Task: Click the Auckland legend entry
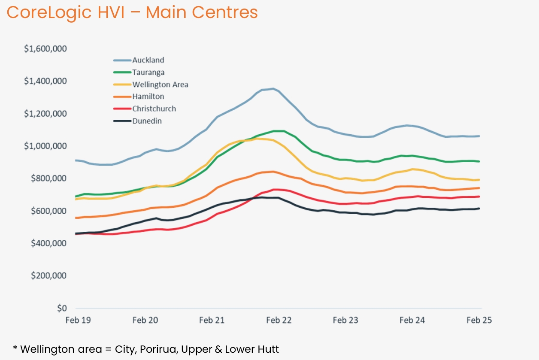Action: pyautogui.click(x=148, y=60)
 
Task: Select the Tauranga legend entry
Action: pyautogui.click(x=148, y=73)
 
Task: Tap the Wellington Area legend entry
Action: pyautogui.click(x=160, y=85)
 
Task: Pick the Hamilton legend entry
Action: pyautogui.click(x=148, y=97)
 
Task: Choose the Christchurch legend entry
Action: pyautogui.click(x=154, y=109)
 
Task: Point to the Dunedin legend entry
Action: pyautogui.click(x=147, y=121)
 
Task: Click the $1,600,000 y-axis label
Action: pyautogui.click(x=45, y=49)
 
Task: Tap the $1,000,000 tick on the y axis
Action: pyautogui.click(x=45, y=146)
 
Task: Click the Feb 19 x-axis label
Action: pyautogui.click(x=76, y=320)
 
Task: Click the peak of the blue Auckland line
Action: pyautogui.click(x=273, y=89)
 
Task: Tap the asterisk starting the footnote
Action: pyautogui.click(x=15, y=348)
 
